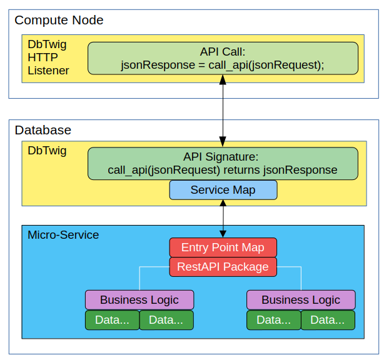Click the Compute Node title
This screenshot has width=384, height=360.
coord(59,20)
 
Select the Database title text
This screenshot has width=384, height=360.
coord(43,130)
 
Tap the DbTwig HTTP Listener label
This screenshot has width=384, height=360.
coord(48,57)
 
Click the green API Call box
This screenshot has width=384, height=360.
coord(223,58)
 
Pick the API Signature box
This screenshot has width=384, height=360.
coord(223,163)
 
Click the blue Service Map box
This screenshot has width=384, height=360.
coord(223,190)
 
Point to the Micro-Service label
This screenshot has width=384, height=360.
coord(63,235)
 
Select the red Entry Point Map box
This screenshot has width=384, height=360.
coord(223,247)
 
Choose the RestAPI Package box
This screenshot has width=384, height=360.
coord(223,267)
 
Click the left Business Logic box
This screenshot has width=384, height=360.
coord(139,300)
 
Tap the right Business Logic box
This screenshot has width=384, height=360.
coord(301,300)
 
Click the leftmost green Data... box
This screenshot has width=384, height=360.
coord(112,321)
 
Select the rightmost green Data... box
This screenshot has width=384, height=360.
coord(328,321)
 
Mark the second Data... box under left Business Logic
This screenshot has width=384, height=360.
coord(166,321)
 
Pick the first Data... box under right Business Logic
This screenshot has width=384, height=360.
coord(273,321)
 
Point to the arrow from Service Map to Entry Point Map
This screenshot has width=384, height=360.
coord(223,219)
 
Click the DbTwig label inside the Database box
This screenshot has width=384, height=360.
coord(47,151)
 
